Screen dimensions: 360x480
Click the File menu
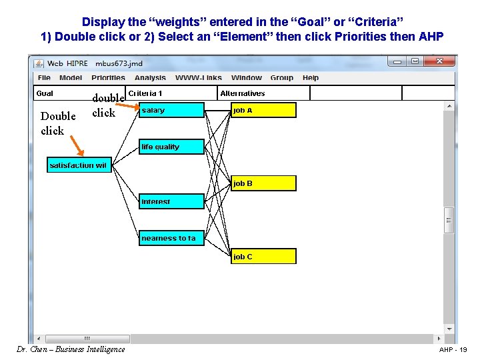44,78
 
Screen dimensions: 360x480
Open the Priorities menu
108,78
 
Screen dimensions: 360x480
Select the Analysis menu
150,78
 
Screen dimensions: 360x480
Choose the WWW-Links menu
199,78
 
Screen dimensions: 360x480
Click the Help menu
311,78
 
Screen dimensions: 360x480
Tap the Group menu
282,78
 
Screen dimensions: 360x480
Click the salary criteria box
171,110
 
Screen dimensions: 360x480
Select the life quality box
171,147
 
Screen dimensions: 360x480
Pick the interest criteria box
171,201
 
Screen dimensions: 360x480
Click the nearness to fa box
171,238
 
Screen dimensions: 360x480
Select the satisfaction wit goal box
79,165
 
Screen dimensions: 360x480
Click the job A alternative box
263,110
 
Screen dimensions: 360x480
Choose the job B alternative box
263,183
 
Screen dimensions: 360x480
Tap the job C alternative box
263,257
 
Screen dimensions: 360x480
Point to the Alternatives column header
243,94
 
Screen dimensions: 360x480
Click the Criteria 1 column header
145,94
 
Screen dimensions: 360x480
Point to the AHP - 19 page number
453,350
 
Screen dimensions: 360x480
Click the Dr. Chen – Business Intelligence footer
69,349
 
